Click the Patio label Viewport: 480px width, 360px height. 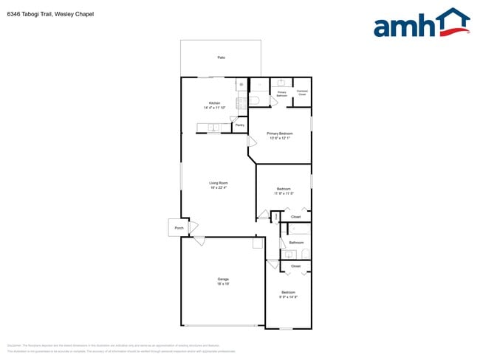pos(221,58)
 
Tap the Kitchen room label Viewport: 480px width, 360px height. pos(214,103)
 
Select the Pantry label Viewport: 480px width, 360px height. pos(240,125)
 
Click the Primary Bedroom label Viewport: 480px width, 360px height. pos(279,134)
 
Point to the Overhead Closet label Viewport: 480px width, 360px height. pos(302,94)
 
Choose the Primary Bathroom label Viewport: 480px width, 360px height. pos(281,94)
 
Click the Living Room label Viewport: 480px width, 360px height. pos(218,183)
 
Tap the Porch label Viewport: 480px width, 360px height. pos(179,229)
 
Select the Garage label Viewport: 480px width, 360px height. pos(222,279)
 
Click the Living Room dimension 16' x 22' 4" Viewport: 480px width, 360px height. pos(218,188)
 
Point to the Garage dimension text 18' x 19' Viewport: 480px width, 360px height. pos(222,284)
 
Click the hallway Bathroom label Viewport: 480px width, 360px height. pos(296,242)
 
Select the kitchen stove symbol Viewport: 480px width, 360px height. pos(241,104)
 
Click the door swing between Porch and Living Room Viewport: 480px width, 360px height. pos(195,226)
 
